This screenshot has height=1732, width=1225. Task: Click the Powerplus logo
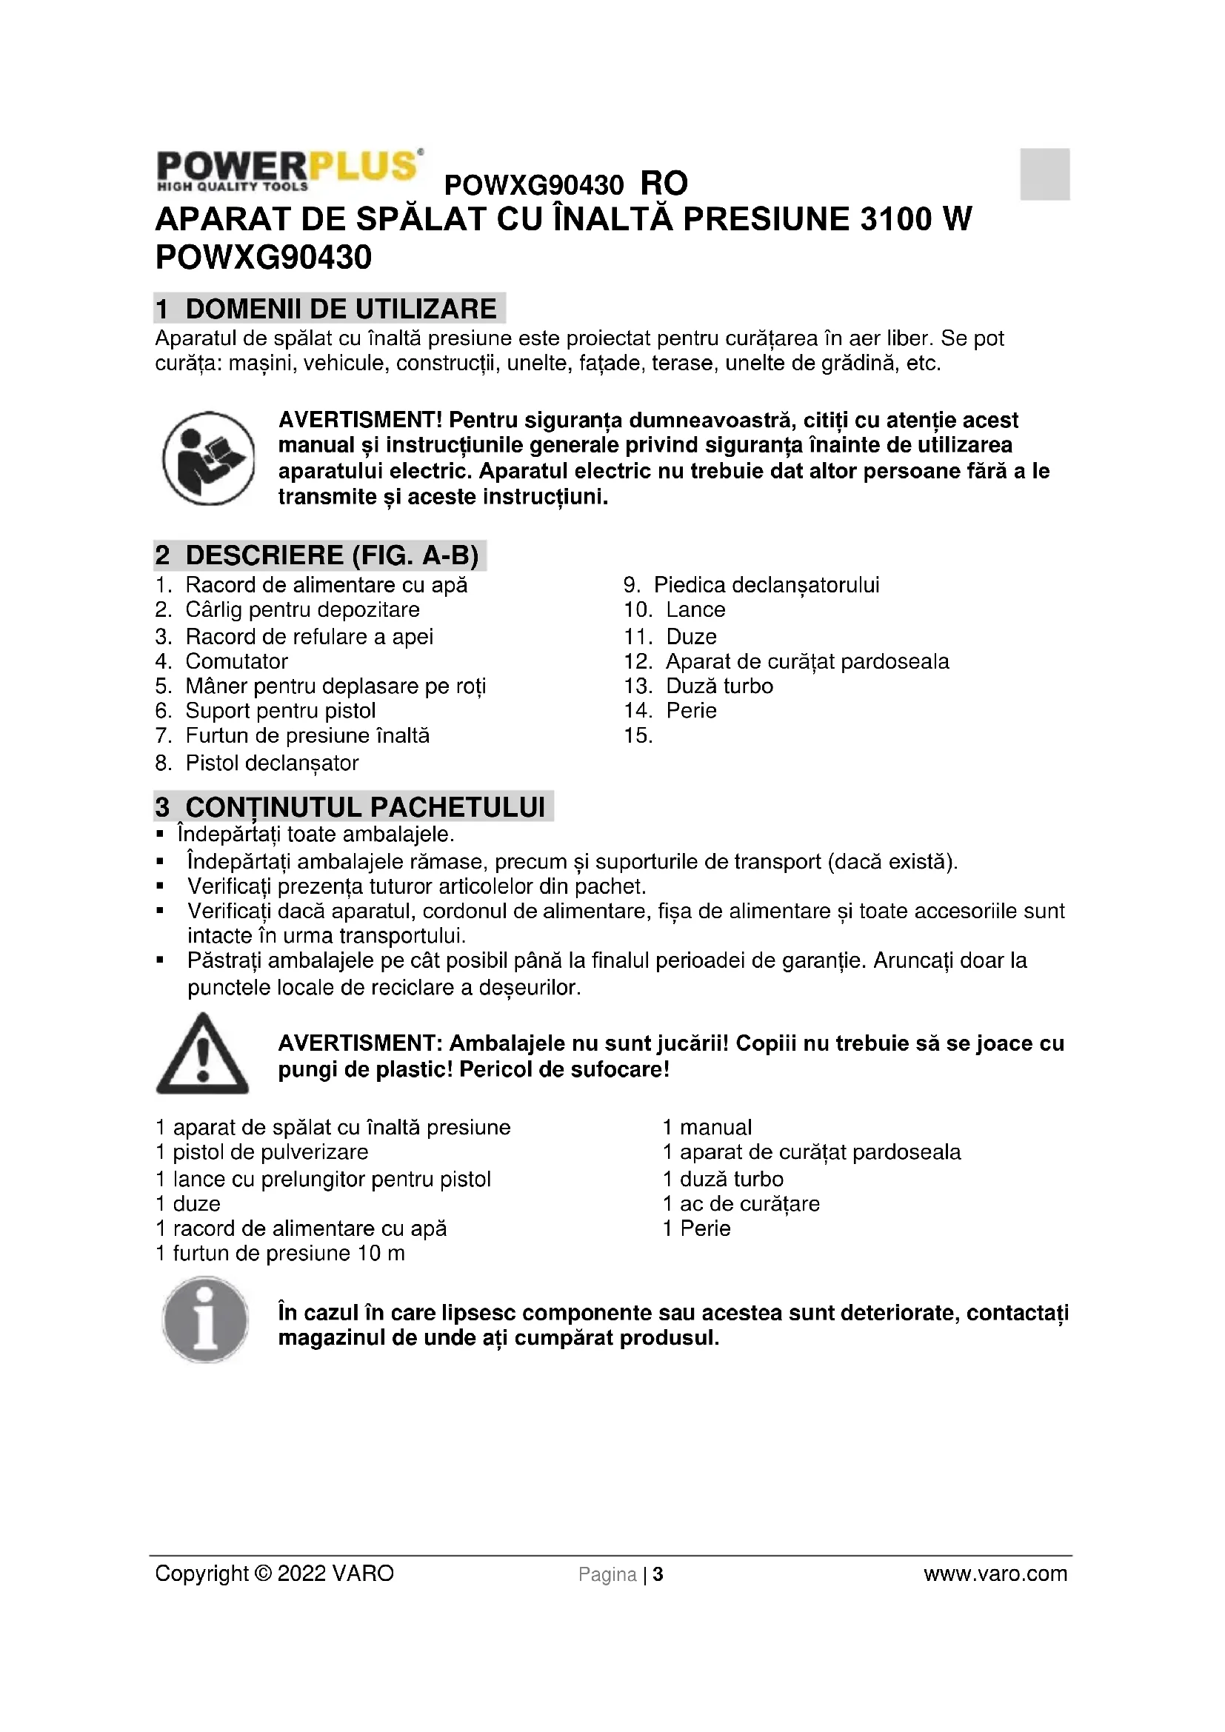coord(288,170)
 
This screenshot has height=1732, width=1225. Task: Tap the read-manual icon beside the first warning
coord(209,458)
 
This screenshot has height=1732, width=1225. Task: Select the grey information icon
coord(205,1320)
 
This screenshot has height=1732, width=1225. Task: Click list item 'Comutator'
coord(236,661)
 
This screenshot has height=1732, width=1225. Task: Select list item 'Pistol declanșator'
coord(272,763)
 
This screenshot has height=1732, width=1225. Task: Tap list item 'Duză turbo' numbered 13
coord(719,686)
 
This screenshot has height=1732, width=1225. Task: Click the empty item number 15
coord(638,735)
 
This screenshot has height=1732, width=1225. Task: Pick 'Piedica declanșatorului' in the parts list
coord(766,586)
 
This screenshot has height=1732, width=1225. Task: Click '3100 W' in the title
coord(915,219)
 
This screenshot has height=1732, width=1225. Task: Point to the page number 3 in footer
coord(658,1574)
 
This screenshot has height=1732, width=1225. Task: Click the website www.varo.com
coord(995,1574)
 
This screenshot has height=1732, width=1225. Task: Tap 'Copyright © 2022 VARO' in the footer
coord(274,1574)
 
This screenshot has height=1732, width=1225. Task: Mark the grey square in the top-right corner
coord(1045,174)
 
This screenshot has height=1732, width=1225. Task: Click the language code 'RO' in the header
coord(664,184)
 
